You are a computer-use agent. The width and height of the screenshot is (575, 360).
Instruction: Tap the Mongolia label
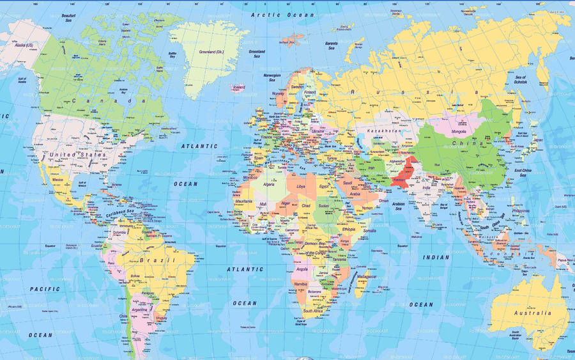459,132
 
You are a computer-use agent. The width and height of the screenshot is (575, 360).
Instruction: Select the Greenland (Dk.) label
211,52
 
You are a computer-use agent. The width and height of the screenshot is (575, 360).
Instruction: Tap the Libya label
301,186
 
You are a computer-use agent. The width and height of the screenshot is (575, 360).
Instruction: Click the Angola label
302,269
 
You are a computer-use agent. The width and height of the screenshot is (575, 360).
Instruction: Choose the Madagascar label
367,276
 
